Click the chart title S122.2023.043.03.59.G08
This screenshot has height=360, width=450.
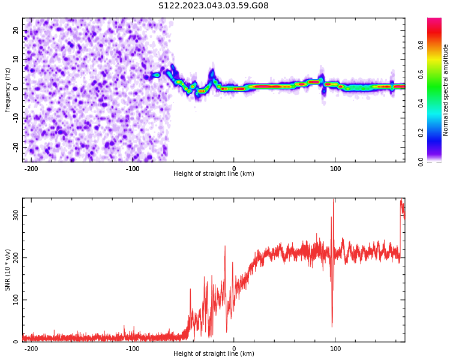pos(213,6)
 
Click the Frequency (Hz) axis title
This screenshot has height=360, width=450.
pos(8,90)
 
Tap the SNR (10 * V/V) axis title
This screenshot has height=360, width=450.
pos(8,270)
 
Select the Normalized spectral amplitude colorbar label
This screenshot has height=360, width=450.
pos(446,90)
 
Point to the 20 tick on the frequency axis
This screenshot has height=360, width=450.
pos(16,31)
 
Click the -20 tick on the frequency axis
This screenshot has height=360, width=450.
pos(15,147)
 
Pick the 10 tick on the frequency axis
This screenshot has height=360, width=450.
pos(16,59)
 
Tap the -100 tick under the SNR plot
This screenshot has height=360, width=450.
pos(133,349)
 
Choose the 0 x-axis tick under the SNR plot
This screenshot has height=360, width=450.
pos(234,349)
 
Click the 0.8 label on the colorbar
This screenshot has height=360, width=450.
pos(421,45)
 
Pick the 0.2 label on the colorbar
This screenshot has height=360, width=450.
pos(421,133)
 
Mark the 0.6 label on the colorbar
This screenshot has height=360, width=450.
pos(421,74)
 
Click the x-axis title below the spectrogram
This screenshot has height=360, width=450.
pos(214,174)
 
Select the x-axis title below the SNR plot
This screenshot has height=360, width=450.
pos(214,354)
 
